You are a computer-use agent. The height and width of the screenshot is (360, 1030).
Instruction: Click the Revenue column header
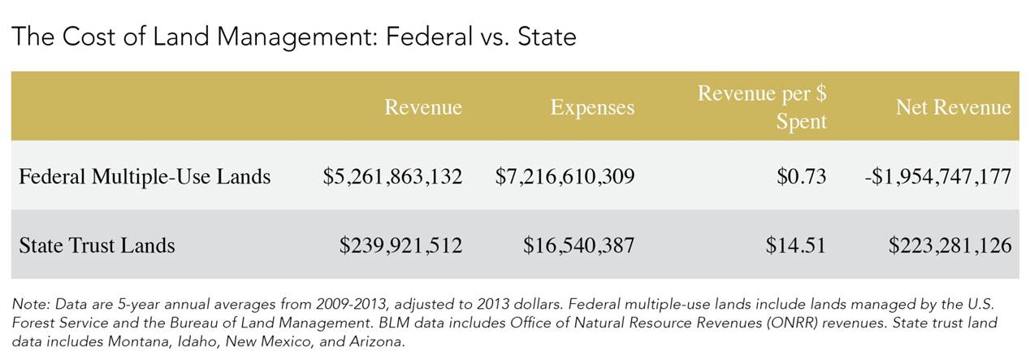(422, 107)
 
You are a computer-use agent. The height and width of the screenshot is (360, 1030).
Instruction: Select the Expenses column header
(592, 107)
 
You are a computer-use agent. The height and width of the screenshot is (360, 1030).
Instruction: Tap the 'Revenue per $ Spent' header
(762, 106)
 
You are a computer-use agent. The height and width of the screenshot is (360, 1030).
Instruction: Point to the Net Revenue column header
(953, 107)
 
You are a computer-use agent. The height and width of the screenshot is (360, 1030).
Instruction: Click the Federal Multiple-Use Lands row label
(145, 176)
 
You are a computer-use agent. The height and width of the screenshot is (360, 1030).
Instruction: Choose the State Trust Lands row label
(97, 245)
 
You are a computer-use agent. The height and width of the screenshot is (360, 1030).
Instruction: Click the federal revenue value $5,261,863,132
(392, 176)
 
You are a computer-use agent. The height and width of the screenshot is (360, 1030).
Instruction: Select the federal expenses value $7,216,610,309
(565, 176)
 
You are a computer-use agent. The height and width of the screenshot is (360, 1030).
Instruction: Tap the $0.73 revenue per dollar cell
(801, 176)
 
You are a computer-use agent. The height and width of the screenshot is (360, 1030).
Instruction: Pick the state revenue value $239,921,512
(400, 245)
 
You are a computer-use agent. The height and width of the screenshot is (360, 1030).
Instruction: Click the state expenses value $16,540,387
(578, 245)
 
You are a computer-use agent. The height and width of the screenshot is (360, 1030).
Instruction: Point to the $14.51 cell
(795, 245)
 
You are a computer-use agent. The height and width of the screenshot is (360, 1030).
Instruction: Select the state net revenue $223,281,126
(950, 245)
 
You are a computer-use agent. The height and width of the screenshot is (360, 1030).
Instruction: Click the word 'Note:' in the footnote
(30, 303)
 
